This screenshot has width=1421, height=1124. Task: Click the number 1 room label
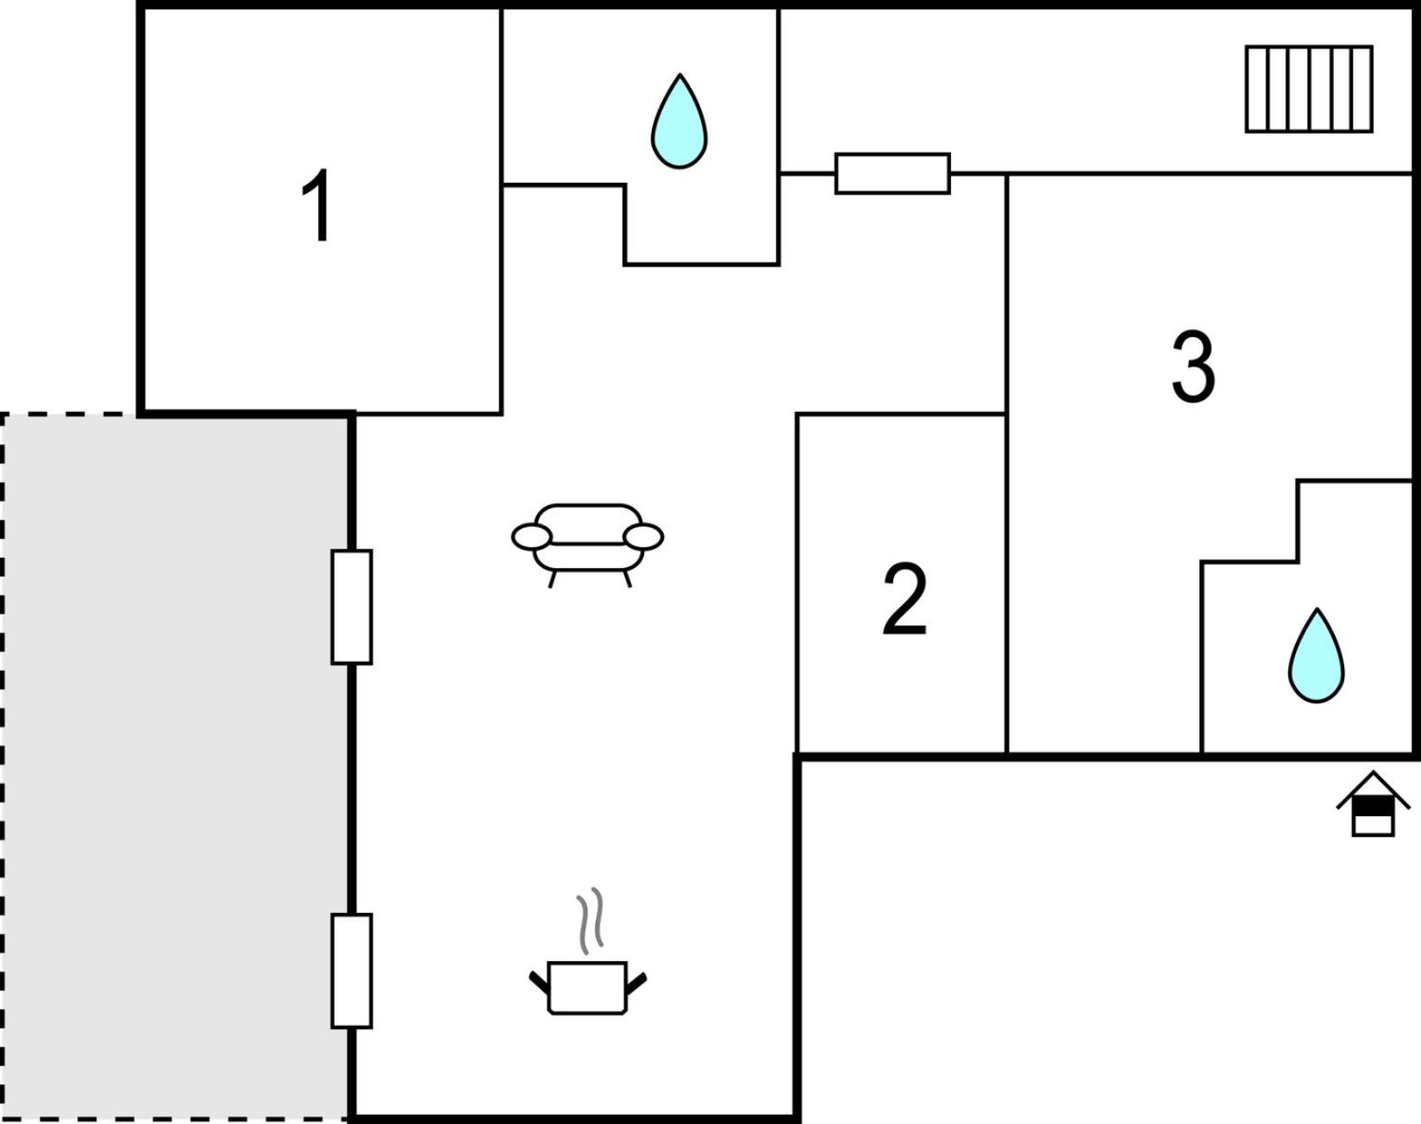pos(316,205)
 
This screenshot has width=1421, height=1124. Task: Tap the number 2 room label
pos(905,600)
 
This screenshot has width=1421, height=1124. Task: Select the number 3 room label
pos(1193,366)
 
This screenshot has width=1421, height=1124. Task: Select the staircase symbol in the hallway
pos(1309,89)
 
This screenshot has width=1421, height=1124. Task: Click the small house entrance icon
pos(1374,804)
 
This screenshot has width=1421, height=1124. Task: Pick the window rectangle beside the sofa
pos(352,607)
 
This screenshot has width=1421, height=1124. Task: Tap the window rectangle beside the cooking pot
pos(352,971)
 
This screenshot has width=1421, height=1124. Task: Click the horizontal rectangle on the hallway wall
pos(892,173)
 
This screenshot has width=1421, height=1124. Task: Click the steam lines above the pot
pos(590,921)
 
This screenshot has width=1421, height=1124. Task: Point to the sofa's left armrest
pos(531,537)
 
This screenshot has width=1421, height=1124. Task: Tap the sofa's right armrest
pos(643,537)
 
